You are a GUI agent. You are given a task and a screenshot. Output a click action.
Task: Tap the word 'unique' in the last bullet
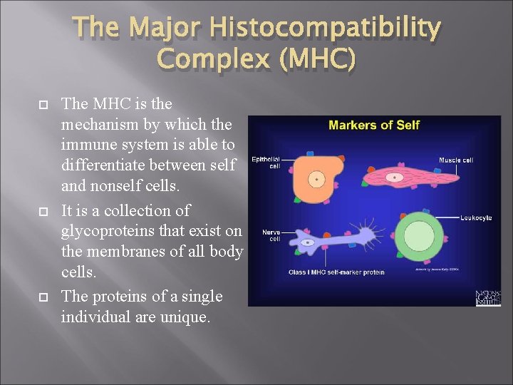pyautogui.click(x=185, y=317)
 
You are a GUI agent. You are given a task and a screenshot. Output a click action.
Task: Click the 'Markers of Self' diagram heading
pyautogui.click(x=374, y=125)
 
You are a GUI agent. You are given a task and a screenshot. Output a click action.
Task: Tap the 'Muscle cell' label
pyautogui.click(x=455, y=160)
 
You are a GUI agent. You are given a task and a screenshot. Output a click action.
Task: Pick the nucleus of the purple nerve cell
pyautogui.click(x=309, y=243)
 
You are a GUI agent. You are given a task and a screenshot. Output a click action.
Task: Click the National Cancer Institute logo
pyautogui.click(x=488, y=297)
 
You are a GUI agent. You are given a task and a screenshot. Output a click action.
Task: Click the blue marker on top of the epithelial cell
pyautogui.click(x=311, y=153)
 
